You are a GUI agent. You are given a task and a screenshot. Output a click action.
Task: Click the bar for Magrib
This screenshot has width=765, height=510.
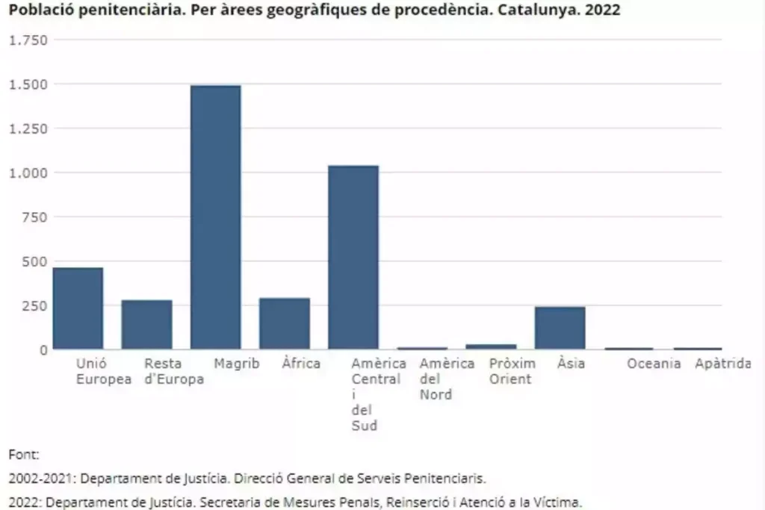(x=216, y=217)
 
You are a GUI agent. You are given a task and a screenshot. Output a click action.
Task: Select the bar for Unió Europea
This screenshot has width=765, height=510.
(x=78, y=308)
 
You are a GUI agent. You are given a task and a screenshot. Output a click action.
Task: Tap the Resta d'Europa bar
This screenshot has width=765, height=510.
(x=147, y=324)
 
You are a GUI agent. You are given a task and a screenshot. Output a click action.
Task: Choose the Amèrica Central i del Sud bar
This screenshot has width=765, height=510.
(x=353, y=257)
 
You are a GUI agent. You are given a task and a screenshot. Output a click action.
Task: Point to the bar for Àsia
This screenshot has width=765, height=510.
(x=560, y=328)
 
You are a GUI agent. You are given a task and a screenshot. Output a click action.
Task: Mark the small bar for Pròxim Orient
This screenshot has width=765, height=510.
(x=491, y=346)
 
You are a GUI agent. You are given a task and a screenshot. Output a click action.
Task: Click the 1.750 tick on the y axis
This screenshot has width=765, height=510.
(x=28, y=40)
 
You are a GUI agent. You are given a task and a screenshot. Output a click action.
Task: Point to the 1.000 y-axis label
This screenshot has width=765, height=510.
(x=28, y=172)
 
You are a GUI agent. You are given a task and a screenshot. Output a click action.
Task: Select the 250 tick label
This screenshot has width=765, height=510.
(x=34, y=305)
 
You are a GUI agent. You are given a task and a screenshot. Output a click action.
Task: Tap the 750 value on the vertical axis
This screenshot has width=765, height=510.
(x=34, y=217)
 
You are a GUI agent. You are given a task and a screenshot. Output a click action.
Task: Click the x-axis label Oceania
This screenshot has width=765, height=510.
(x=654, y=364)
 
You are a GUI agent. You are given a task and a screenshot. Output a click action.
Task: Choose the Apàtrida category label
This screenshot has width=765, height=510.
(x=722, y=364)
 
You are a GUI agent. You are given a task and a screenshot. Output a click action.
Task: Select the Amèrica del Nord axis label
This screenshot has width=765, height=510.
(x=447, y=379)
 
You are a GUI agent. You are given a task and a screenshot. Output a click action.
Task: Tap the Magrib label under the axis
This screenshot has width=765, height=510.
(x=237, y=364)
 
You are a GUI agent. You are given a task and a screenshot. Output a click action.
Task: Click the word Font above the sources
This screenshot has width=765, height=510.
(x=23, y=454)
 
